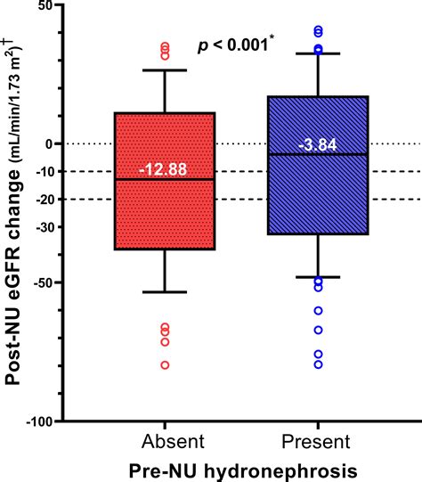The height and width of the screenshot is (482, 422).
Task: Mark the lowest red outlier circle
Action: pyautogui.click(x=164, y=365)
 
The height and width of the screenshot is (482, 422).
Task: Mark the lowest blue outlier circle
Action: pyautogui.click(x=319, y=364)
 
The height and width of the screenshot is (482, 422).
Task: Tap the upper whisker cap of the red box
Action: pyautogui.click(x=164, y=69)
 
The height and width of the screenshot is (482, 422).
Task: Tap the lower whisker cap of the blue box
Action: pyautogui.click(x=319, y=277)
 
